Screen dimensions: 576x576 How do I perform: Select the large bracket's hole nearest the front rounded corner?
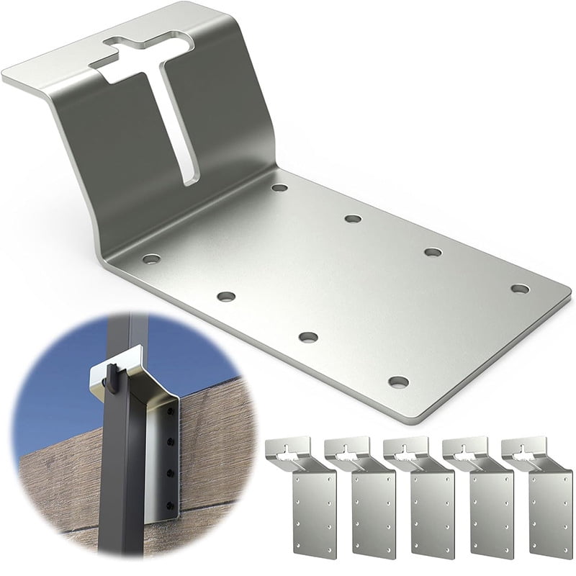click(x=398, y=382)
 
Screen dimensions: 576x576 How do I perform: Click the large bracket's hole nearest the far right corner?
click(x=520, y=288)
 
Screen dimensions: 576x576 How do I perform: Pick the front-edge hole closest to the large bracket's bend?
click(x=150, y=258)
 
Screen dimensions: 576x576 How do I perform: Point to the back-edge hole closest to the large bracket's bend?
click(x=279, y=188)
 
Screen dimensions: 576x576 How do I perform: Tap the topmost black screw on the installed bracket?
click(x=171, y=411)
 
